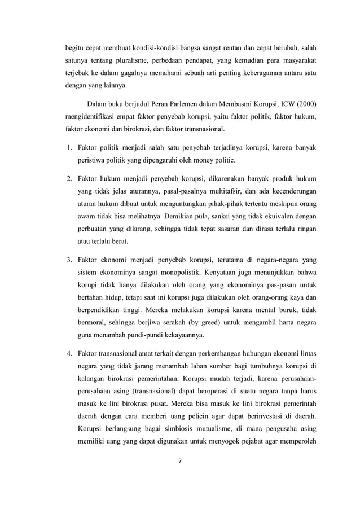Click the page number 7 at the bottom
pyautogui.click(x=180, y=460)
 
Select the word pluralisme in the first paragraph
pyautogui.click(x=122, y=59)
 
